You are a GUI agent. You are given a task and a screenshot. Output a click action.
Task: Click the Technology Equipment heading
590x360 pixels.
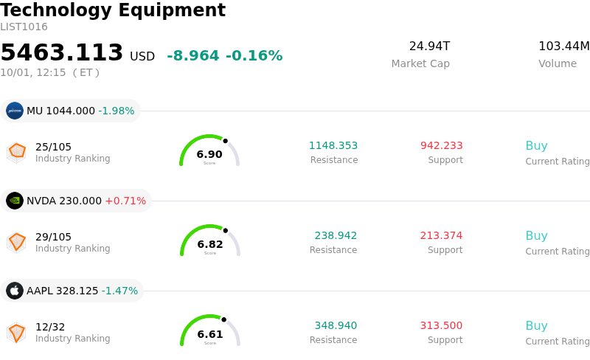pos(113,10)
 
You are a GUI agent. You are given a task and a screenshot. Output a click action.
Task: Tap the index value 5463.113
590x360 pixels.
pos(62,52)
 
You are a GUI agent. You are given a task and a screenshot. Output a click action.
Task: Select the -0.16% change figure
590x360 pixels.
pos(254,55)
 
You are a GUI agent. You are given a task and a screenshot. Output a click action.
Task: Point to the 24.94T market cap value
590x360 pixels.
pos(429,46)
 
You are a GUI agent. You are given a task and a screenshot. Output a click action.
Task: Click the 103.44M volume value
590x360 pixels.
pos(564,46)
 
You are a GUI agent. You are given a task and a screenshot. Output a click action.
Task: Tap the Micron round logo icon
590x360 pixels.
pos(15,111)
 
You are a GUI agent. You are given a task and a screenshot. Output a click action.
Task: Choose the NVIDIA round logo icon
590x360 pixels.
pos(15,201)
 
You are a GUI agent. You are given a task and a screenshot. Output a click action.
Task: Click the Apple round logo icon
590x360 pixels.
pos(15,291)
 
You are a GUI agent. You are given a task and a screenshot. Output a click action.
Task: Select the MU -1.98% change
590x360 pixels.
pos(117,111)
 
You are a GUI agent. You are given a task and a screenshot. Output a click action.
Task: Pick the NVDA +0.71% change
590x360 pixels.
pos(125,201)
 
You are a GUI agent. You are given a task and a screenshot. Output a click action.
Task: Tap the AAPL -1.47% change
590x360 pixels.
pos(119,291)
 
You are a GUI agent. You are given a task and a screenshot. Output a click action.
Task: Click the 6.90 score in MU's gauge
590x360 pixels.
pos(209,154)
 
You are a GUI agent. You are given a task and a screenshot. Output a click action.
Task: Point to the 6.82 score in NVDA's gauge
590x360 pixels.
pos(210,244)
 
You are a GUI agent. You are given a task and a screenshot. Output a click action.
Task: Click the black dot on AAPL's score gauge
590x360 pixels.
pos(224,319)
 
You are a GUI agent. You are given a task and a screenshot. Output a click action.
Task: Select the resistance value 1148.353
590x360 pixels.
pos(333,145)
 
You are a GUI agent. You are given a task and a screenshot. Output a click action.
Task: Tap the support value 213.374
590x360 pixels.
pos(441,235)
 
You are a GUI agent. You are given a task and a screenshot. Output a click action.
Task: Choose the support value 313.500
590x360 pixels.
pos(441,325)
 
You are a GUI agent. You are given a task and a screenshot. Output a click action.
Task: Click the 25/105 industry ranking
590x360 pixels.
pos(53,147)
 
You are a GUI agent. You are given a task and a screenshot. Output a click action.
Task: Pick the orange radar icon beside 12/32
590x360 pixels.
pos(16,333)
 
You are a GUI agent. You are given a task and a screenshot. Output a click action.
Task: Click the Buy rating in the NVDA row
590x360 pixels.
pos(536,236)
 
